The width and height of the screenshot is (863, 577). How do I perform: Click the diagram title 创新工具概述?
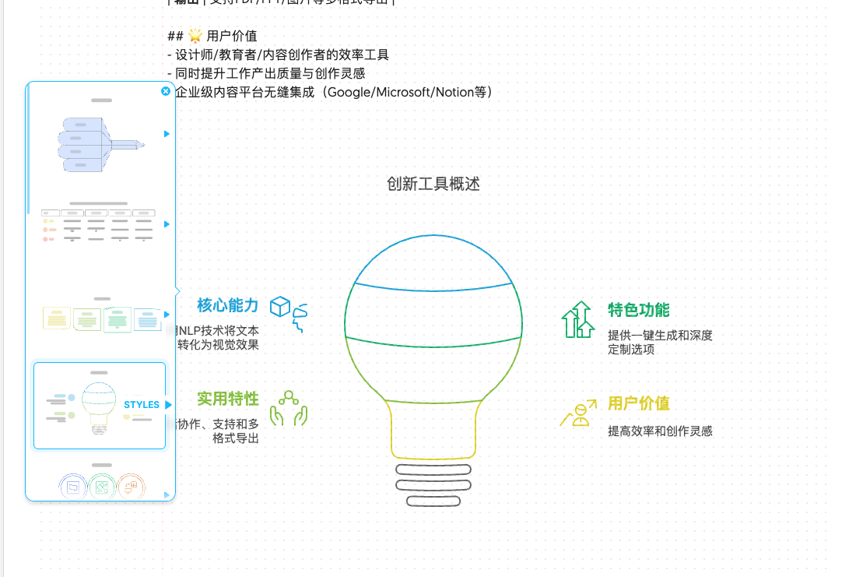tap(433, 184)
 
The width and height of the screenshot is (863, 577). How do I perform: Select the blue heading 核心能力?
tap(227, 305)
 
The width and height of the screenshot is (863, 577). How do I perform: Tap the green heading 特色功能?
tap(638, 310)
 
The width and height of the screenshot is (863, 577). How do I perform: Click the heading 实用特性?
tap(227, 399)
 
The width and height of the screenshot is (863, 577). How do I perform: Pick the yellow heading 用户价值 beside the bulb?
tap(638, 403)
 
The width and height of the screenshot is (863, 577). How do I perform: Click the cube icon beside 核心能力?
tap(279, 306)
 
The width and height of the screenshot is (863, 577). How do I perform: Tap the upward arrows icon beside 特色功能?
tap(577, 319)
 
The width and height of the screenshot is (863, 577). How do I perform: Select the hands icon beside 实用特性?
tap(289, 408)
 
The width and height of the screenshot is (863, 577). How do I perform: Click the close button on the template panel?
tap(166, 91)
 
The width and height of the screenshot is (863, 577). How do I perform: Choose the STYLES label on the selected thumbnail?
tap(142, 405)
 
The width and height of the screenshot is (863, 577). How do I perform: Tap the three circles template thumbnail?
tap(101, 486)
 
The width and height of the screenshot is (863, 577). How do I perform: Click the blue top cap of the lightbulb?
tap(433, 261)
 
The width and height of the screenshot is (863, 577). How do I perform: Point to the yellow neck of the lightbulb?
tap(433, 428)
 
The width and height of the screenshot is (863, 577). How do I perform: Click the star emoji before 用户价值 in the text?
tap(195, 36)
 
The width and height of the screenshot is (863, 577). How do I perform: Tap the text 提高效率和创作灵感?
tap(660, 431)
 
